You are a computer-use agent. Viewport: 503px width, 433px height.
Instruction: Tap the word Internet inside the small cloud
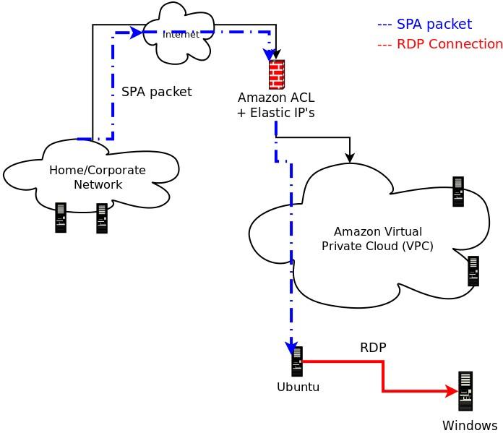(181, 34)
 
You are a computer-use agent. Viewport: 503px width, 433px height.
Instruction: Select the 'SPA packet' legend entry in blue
(424, 25)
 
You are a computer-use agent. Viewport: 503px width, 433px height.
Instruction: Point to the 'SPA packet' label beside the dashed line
(156, 92)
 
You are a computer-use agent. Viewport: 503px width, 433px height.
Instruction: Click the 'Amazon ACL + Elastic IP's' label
(276, 106)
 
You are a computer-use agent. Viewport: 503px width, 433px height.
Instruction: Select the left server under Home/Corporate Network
(61, 218)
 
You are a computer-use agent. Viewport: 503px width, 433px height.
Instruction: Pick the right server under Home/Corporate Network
(102, 218)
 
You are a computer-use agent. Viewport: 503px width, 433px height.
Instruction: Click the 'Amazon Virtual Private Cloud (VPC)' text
(377, 239)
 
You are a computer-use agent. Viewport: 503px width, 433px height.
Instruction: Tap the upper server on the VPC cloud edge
(458, 192)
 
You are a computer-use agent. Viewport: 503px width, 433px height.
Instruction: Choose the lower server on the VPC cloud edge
(473, 271)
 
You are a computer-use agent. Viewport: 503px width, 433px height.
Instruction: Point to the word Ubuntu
(298, 387)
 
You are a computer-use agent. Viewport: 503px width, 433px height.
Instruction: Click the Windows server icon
(465, 391)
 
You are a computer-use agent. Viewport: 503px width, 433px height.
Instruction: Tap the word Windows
(470, 425)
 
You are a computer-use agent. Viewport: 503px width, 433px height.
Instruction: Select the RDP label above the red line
(373, 348)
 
